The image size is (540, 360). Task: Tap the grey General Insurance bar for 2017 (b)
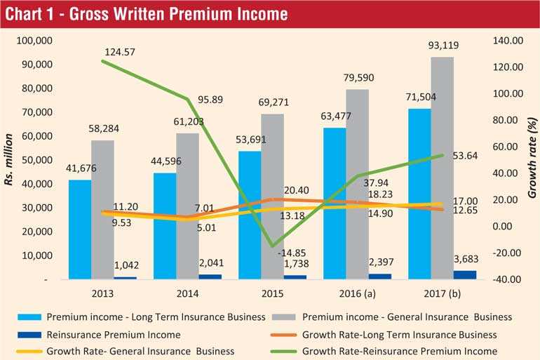coord(443,168)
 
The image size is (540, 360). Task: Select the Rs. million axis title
coord(9,161)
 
